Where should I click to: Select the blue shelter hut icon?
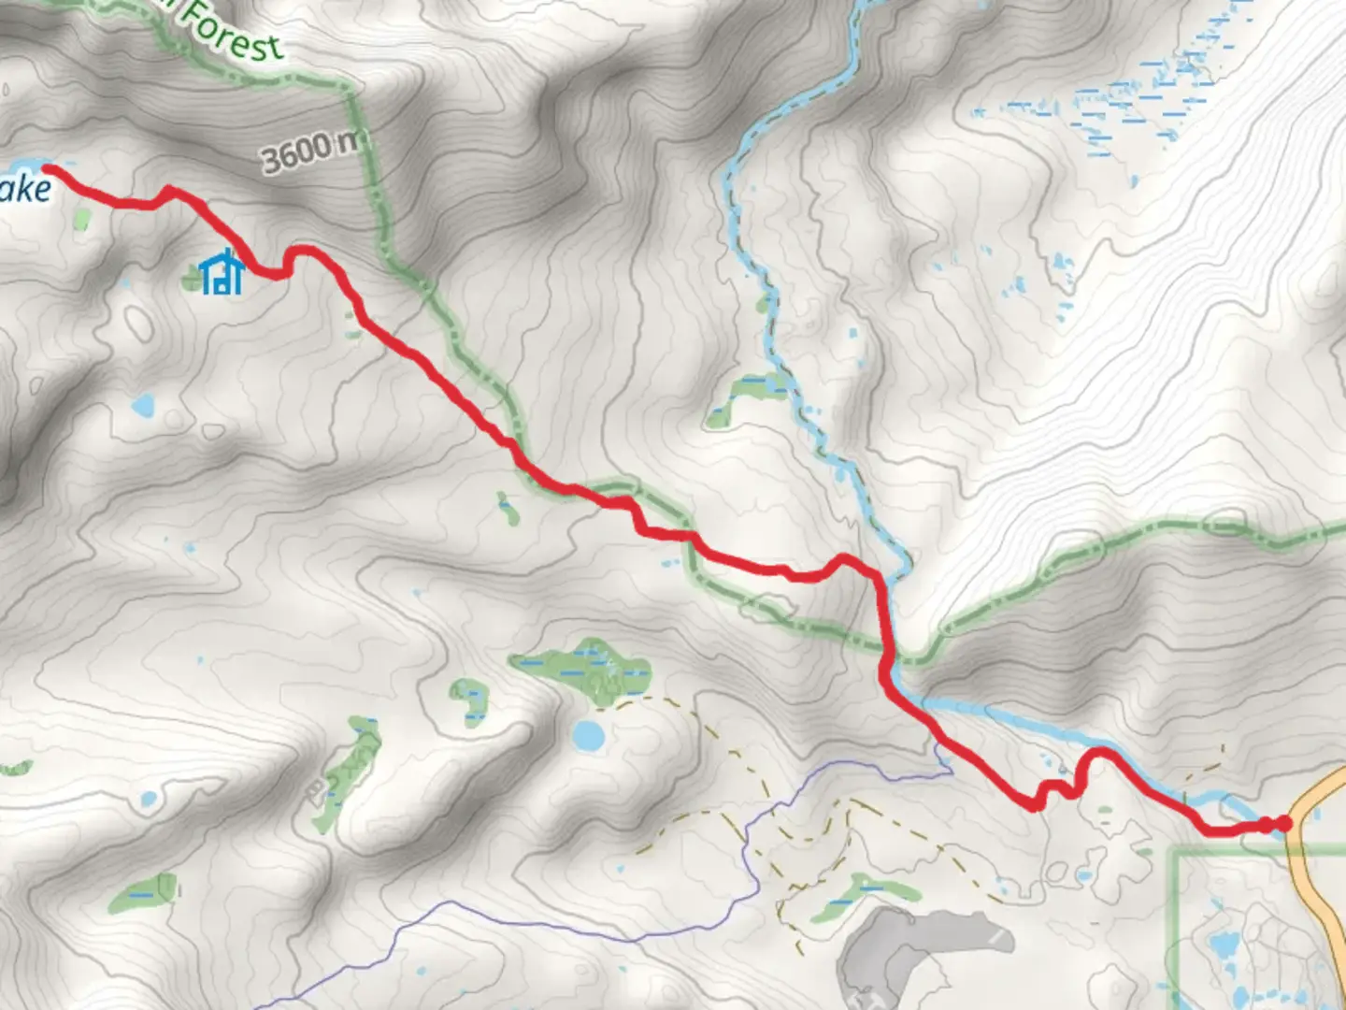pyautogui.click(x=222, y=273)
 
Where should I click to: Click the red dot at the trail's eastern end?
pyautogui.click(x=1284, y=823)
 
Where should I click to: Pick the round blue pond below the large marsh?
pyautogui.click(x=589, y=736)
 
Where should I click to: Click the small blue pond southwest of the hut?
pyautogui.click(x=142, y=406)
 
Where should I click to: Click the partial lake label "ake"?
pyautogui.click(x=25, y=190)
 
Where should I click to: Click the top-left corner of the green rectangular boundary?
pyautogui.click(x=1176, y=851)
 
